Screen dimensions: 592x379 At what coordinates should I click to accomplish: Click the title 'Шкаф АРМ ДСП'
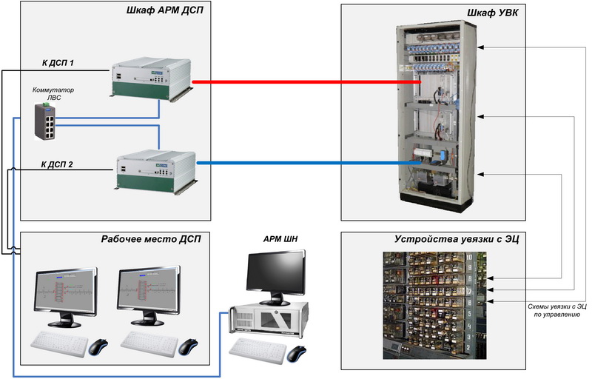pyautogui.click(x=164, y=10)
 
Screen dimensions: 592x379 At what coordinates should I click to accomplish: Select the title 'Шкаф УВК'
pyautogui.click(x=493, y=13)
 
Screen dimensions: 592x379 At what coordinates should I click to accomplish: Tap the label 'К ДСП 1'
pyautogui.click(x=58, y=63)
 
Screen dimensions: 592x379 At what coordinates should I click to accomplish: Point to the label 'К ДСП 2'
pyautogui.click(x=57, y=164)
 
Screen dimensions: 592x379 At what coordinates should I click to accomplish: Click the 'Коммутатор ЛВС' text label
pyautogui.click(x=53, y=93)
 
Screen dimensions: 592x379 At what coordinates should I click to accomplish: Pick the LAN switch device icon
pyautogui.click(x=45, y=121)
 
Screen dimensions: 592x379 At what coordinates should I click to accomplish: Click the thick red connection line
pyautogui.click(x=306, y=82)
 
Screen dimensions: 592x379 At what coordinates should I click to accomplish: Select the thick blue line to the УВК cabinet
pyautogui.click(x=309, y=163)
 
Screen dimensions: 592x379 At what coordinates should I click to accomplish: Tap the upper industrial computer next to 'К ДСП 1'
pyautogui.click(x=152, y=78)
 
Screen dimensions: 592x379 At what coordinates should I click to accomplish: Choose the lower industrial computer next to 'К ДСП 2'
pyautogui.click(x=156, y=172)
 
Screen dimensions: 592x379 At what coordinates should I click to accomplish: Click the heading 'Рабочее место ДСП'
pyautogui.click(x=151, y=239)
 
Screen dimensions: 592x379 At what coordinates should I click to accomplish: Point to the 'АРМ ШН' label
pyautogui.click(x=280, y=239)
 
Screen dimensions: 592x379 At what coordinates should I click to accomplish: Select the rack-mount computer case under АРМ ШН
pyautogui.click(x=269, y=319)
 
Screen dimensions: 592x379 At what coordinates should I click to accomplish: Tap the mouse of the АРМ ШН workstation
pyautogui.click(x=297, y=354)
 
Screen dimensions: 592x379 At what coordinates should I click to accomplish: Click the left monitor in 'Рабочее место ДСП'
pyautogui.click(x=66, y=297)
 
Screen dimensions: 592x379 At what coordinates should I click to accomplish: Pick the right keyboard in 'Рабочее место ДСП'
pyautogui.click(x=149, y=344)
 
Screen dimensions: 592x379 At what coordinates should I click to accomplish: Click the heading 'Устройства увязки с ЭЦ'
pyautogui.click(x=457, y=239)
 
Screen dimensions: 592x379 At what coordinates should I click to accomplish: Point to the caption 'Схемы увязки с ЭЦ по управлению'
pyautogui.click(x=557, y=310)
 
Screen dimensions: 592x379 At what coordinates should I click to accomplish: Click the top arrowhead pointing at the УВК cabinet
pyautogui.click(x=480, y=47)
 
